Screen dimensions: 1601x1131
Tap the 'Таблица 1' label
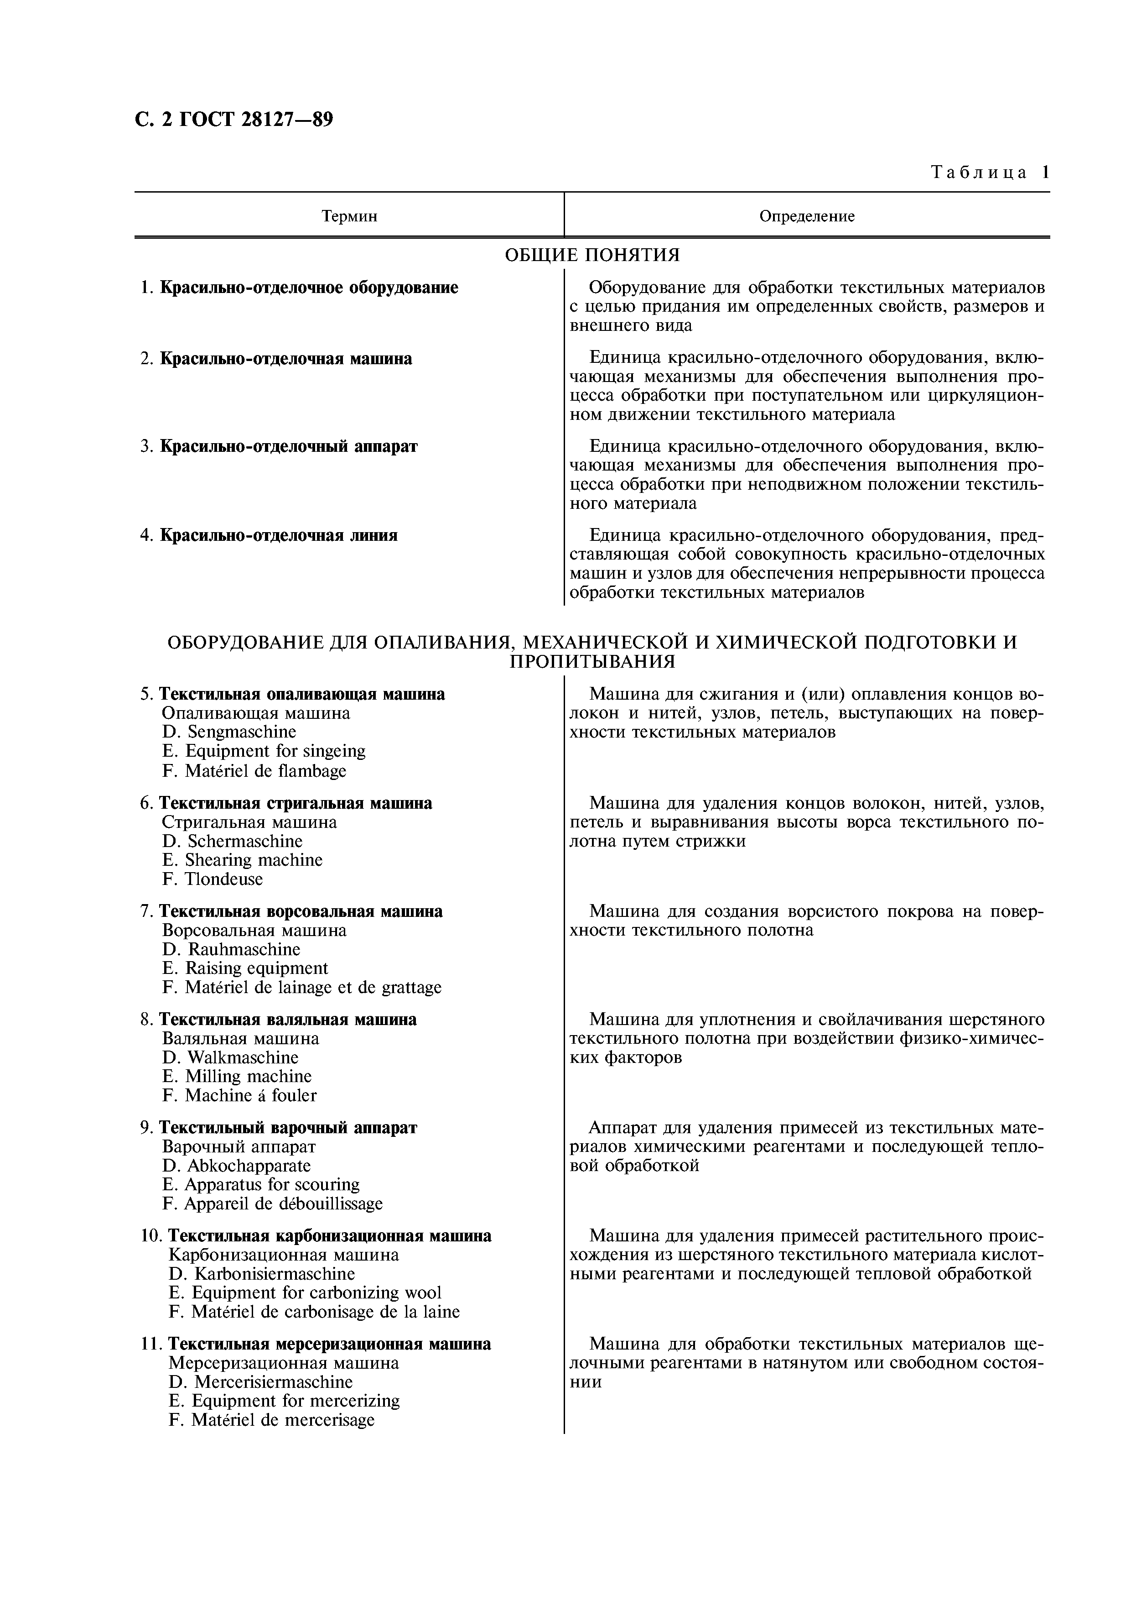click(x=990, y=172)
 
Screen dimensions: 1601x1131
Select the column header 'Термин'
click(x=349, y=216)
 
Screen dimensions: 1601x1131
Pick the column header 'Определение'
click(x=806, y=216)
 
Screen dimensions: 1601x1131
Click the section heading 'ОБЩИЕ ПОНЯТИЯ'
click(x=591, y=255)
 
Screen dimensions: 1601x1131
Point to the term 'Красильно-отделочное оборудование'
click(x=309, y=287)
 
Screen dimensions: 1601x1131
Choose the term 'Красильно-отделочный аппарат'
click(x=289, y=446)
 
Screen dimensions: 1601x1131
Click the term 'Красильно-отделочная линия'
click(x=279, y=535)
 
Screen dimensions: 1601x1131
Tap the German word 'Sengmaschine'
click(x=242, y=732)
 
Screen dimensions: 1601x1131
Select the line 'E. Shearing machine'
click(x=243, y=860)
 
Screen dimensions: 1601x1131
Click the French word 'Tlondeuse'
click(x=223, y=879)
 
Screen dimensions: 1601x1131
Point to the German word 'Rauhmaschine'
click(x=244, y=949)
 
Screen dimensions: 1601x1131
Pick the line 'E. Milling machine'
click(x=237, y=1076)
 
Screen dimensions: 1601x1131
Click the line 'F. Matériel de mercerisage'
click(x=272, y=1420)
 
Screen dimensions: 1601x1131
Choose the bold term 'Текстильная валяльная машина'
click(x=288, y=1020)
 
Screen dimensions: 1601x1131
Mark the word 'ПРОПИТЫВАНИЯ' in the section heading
click(x=591, y=661)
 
